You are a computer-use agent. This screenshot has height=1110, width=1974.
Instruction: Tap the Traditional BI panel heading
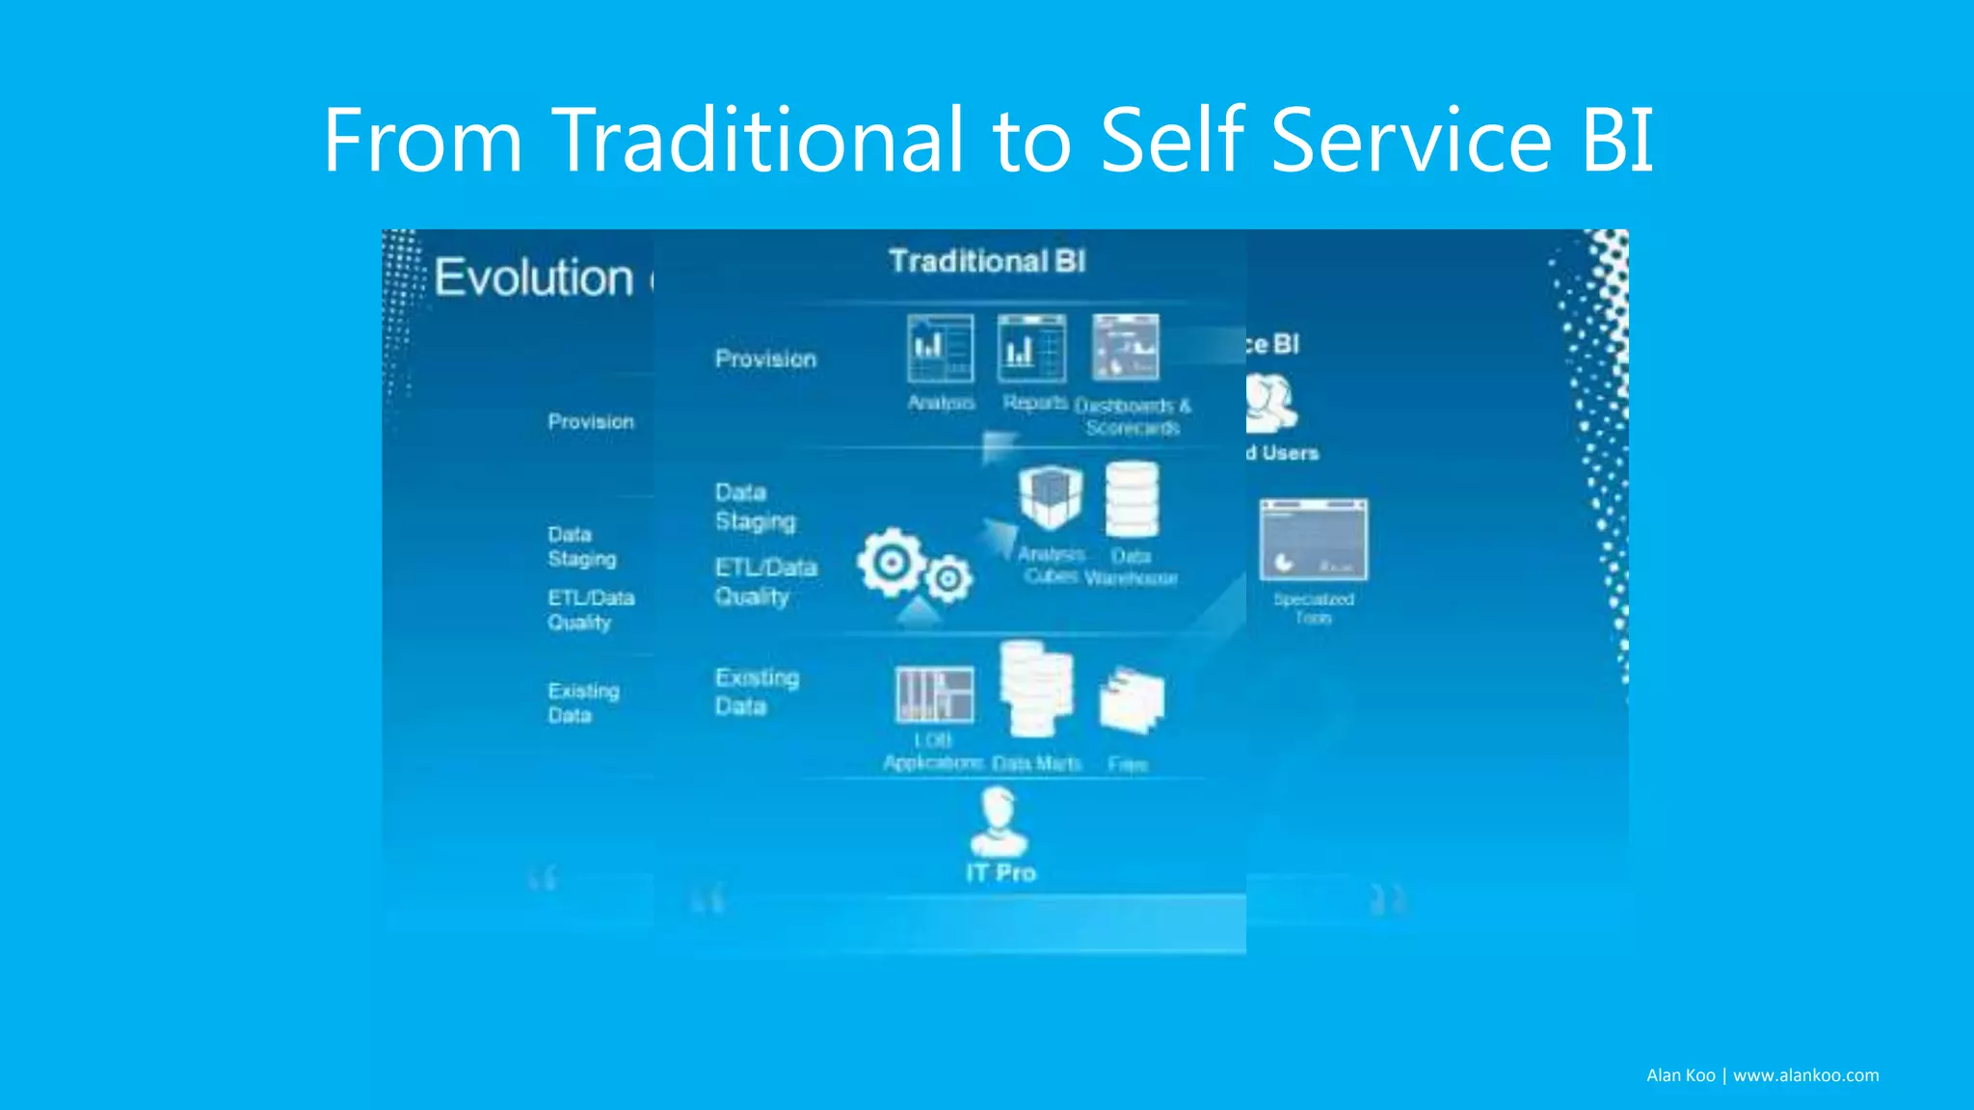tap(987, 261)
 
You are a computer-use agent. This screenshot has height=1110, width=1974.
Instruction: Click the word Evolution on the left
tap(533, 278)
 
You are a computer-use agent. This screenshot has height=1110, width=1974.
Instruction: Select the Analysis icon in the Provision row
tap(940, 348)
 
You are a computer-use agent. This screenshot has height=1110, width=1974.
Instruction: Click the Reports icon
tap(1031, 348)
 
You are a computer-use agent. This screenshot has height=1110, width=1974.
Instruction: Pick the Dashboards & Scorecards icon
tap(1126, 348)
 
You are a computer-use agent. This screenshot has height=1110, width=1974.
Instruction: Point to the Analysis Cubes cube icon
tap(1051, 497)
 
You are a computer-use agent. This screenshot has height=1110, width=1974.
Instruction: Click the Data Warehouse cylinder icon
tap(1132, 499)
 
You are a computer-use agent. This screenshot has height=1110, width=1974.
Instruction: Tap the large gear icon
tap(892, 562)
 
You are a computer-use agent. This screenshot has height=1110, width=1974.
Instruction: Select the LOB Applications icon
tap(934, 694)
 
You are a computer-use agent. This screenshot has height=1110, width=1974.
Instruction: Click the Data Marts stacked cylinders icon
tap(1036, 690)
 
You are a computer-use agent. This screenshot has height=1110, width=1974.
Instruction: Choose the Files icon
tap(1131, 700)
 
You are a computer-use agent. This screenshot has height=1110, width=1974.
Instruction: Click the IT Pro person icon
tap(999, 822)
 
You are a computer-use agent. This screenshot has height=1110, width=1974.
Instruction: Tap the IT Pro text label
tap(1000, 873)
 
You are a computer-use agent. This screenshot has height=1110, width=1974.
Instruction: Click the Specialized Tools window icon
tap(1313, 540)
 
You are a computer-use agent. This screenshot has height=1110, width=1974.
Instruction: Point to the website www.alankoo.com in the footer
tap(1805, 1075)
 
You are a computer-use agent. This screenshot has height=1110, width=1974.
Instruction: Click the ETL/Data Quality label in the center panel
tap(765, 582)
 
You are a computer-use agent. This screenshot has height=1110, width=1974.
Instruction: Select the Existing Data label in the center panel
tap(756, 692)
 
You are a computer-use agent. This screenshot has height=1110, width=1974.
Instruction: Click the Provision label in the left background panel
tap(591, 422)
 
